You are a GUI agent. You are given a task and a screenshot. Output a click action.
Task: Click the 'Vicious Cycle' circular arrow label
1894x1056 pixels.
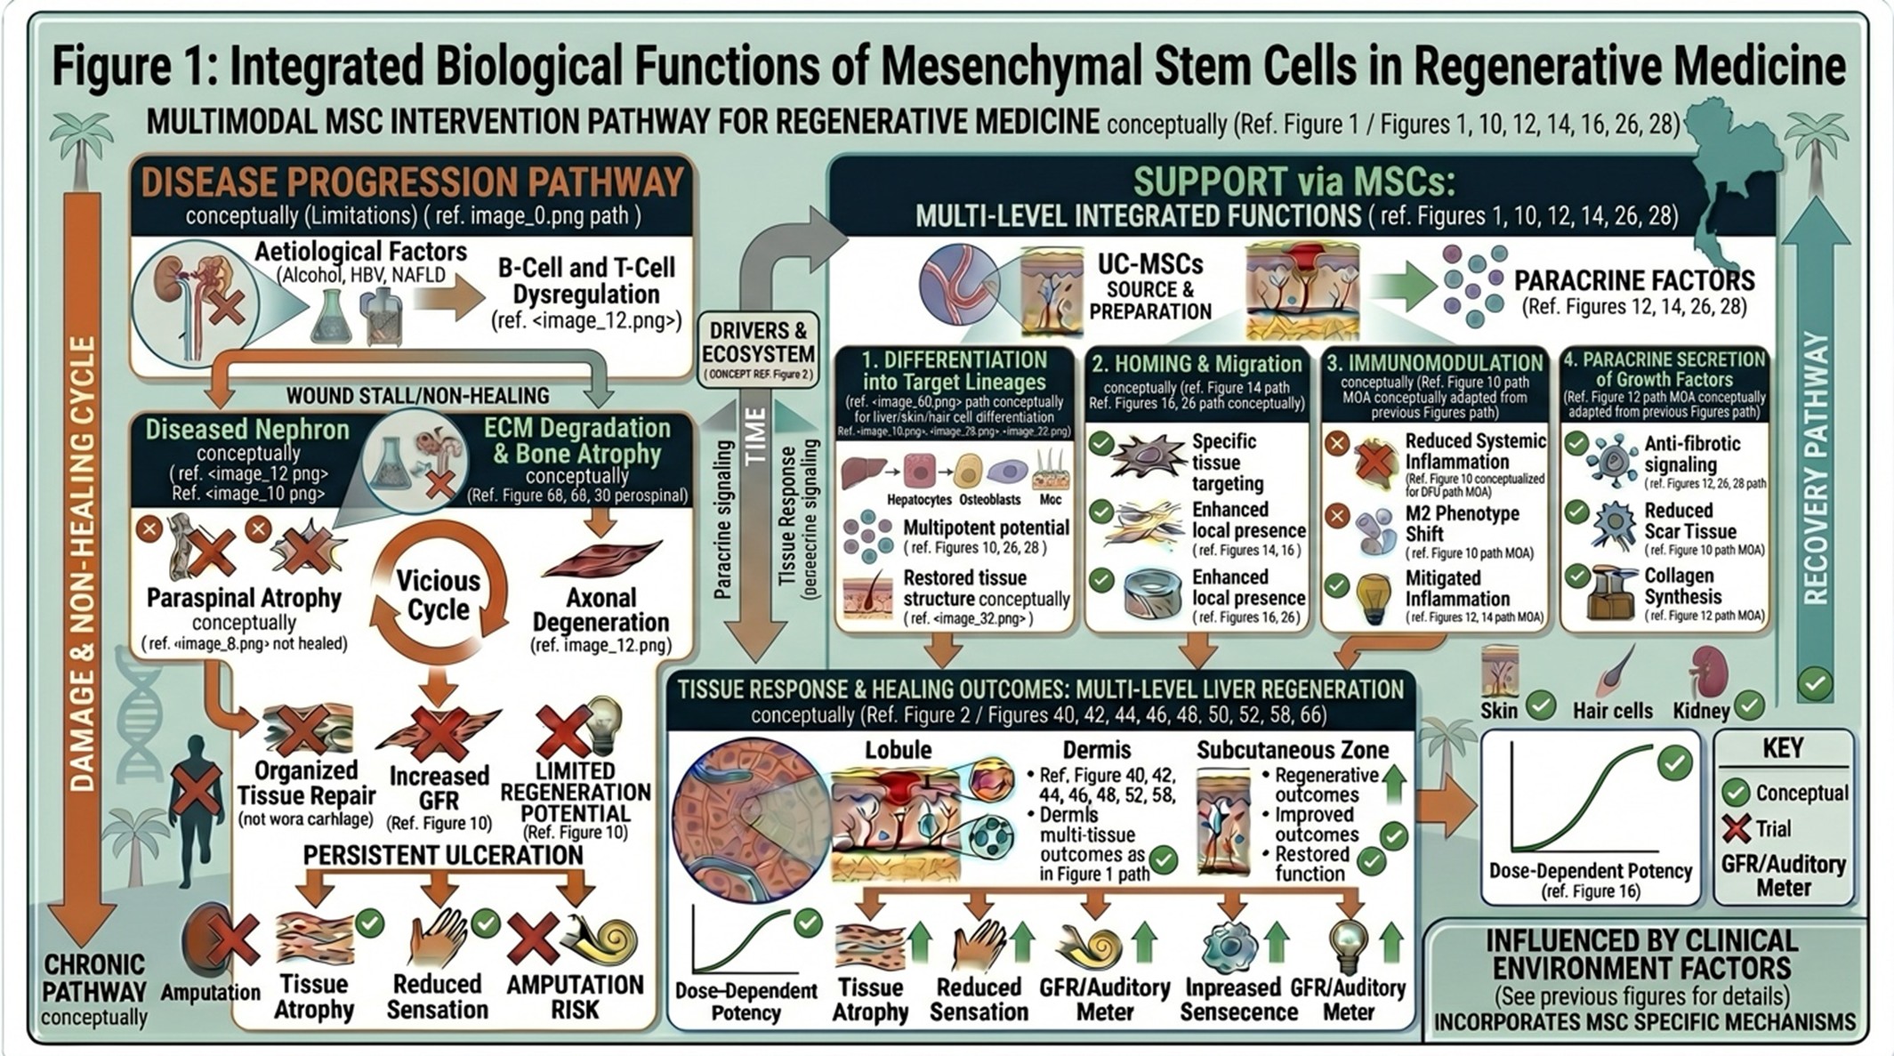[438, 594]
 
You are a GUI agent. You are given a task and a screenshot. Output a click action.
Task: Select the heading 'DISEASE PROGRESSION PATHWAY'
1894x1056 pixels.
[412, 182]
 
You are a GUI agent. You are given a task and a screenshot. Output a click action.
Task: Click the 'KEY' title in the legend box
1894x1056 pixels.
[1782, 748]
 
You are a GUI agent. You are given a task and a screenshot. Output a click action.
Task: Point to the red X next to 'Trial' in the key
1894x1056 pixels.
[1735, 829]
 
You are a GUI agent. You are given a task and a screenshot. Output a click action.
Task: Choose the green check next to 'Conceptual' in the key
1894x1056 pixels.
[1735, 792]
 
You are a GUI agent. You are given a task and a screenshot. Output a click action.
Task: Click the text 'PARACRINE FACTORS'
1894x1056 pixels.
[1634, 280]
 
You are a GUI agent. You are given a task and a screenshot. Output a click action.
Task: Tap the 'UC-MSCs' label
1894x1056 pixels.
[1149, 264]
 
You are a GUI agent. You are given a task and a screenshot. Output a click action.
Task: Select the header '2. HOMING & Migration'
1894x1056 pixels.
[1196, 364]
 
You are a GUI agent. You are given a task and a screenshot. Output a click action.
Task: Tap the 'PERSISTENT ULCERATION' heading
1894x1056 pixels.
[443, 855]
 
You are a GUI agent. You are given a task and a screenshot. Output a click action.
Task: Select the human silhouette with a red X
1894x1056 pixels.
[195, 796]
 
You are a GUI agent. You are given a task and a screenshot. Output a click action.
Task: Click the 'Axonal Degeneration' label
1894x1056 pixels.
[600, 609]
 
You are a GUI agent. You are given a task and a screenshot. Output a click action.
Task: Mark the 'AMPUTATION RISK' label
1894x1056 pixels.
[575, 997]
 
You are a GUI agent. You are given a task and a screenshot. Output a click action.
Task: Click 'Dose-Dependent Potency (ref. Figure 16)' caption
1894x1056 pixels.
[1591, 879]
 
